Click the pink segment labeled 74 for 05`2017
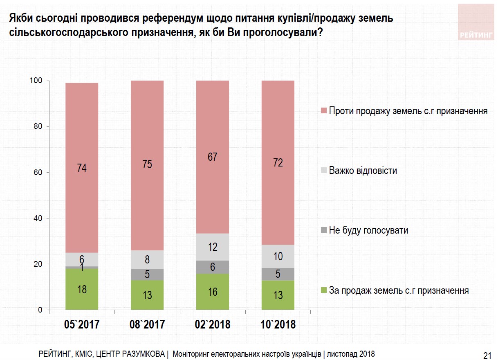(82, 168)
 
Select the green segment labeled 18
(82, 290)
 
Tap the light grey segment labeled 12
(213, 247)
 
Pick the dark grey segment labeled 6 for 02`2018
(213, 267)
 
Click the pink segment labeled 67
(213, 157)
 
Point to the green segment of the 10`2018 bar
(278, 295)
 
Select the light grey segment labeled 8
(147, 259)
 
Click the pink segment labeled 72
(278, 163)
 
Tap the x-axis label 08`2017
(147, 325)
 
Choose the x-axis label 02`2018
(213, 325)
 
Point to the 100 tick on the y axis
(36, 81)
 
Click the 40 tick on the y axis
(38, 218)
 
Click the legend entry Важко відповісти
(363, 171)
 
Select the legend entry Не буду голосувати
(368, 230)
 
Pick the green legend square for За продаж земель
(323, 291)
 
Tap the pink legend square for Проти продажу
(323, 111)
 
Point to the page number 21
(487, 355)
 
